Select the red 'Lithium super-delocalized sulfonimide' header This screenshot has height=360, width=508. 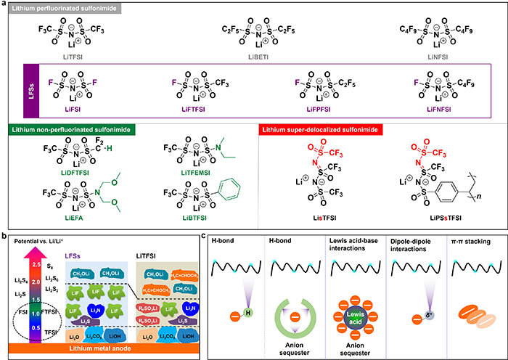coord(324,129)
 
